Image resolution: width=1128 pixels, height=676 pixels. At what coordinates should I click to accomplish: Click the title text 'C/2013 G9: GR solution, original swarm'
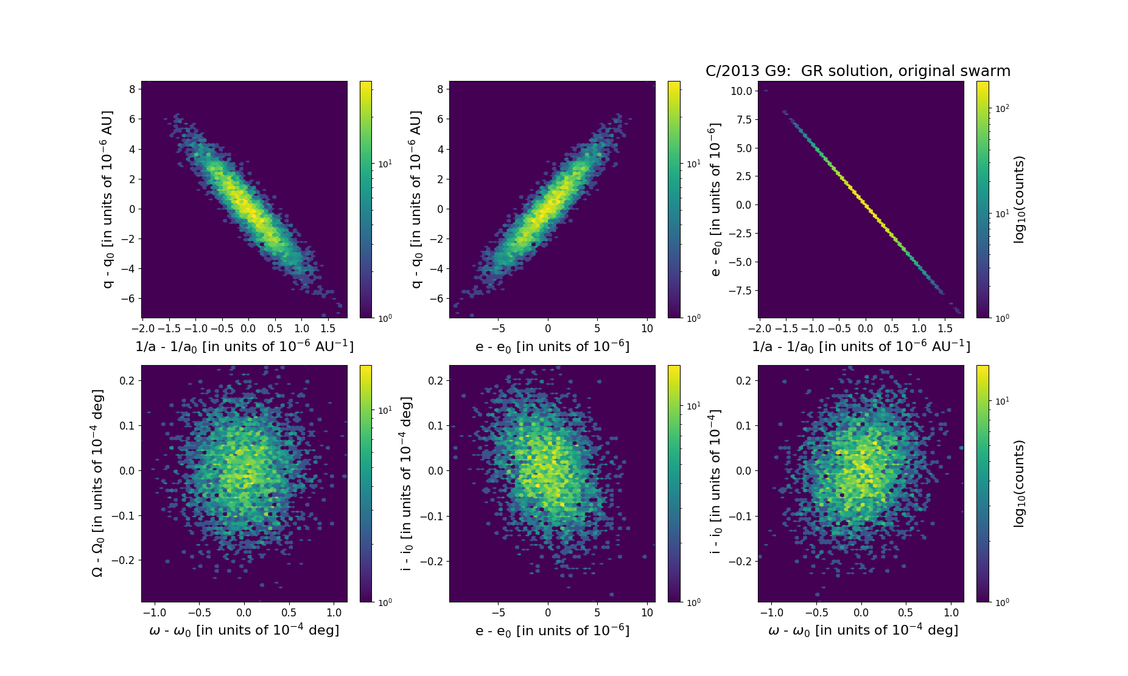point(858,71)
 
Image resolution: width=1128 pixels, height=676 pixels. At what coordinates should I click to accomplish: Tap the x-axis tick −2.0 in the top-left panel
point(142,329)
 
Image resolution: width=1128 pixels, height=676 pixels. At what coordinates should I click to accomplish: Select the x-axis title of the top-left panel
point(244,346)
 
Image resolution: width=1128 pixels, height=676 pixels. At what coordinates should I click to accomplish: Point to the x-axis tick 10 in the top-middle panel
point(647,329)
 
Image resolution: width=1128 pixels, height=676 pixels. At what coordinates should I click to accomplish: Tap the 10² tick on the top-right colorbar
point(1002,108)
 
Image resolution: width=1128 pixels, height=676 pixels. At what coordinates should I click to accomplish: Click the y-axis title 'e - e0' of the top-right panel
point(716,200)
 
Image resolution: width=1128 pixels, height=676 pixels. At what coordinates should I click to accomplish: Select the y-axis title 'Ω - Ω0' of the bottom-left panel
point(97,483)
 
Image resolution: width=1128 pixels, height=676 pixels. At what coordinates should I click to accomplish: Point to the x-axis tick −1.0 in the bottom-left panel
point(153,613)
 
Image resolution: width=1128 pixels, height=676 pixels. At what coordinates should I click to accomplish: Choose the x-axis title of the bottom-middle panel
point(552,630)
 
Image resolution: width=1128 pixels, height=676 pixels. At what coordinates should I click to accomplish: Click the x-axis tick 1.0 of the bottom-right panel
point(951,613)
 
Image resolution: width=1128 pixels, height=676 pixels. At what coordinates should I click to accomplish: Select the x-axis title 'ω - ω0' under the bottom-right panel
point(863,630)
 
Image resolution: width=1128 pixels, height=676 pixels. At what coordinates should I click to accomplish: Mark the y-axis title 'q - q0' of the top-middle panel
point(416,200)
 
